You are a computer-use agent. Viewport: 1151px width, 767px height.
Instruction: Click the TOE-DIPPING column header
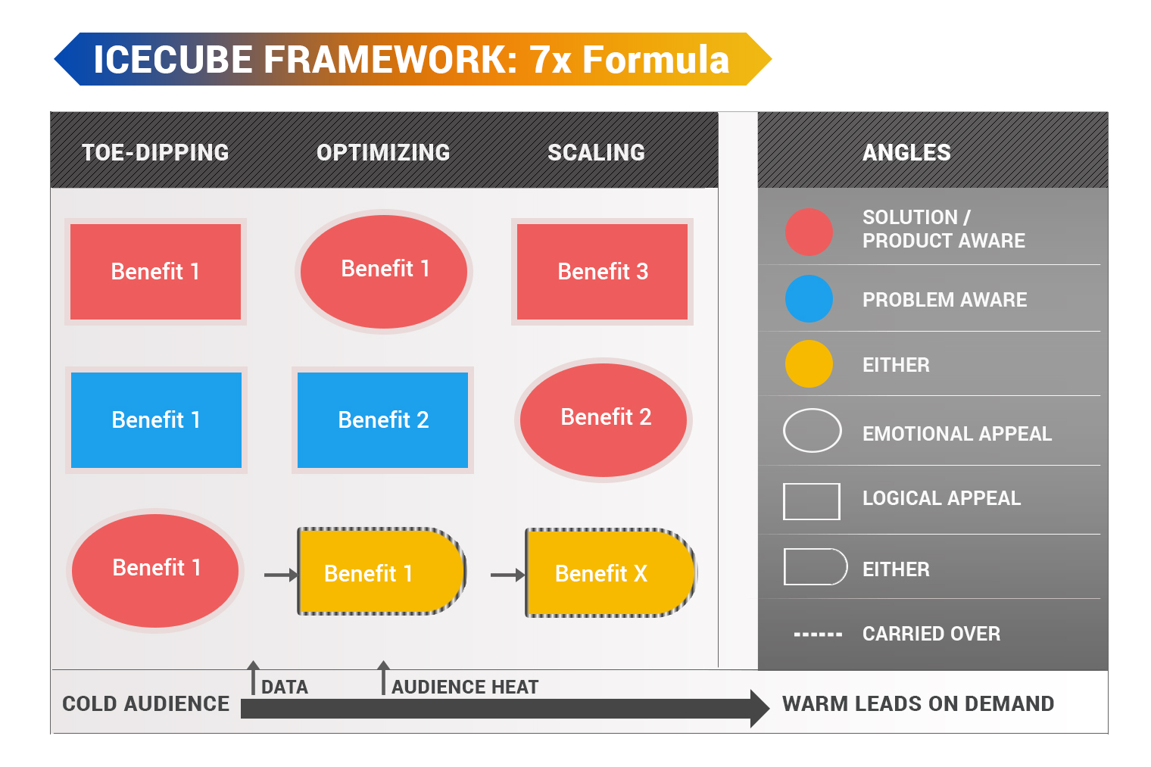click(155, 153)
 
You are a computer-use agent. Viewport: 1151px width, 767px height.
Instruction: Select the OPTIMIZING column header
click(383, 153)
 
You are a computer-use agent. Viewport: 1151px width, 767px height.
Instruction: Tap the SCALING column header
click(596, 153)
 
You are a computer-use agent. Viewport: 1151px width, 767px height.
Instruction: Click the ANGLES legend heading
click(906, 153)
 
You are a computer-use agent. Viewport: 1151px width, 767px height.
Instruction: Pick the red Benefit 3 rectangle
click(602, 272)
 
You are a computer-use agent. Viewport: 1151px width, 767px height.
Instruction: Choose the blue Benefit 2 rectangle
click(383, 420)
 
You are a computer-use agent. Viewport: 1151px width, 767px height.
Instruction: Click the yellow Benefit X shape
click(610, 573)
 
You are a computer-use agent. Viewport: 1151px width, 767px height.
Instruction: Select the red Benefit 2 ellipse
click(604, 419)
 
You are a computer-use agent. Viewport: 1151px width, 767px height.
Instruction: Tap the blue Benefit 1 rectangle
click(156, 420)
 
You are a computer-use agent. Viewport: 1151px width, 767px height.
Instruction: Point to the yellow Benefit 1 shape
click(382, 572)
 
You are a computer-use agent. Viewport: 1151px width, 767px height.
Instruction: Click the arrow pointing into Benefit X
click(507, 575)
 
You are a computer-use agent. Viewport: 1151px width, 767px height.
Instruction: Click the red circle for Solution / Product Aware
click(809, 232)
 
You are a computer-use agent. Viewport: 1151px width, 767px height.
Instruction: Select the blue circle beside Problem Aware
click(809, 299)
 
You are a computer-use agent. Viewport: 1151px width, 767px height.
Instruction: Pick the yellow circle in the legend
click(809, 363)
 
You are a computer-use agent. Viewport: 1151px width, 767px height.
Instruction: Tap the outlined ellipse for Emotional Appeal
click(813, 410)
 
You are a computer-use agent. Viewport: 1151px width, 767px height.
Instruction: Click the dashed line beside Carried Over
click(818, 635)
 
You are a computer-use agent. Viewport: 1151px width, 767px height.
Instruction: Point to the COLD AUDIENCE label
click(146, 704)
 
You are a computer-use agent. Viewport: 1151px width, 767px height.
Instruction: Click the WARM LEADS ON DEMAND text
click(919, 704)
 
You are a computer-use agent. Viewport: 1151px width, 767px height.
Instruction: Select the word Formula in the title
click(656, 60)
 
